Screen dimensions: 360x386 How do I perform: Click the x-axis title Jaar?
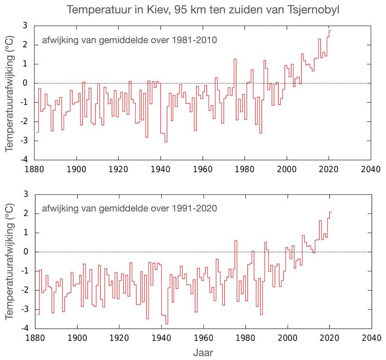(x=202, y=352)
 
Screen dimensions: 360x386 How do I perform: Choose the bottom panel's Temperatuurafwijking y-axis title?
(x=9, y=261)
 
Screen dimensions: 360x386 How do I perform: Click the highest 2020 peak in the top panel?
(x=330, y=31)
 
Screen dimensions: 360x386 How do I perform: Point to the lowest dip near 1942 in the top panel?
(x=166, y=141)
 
